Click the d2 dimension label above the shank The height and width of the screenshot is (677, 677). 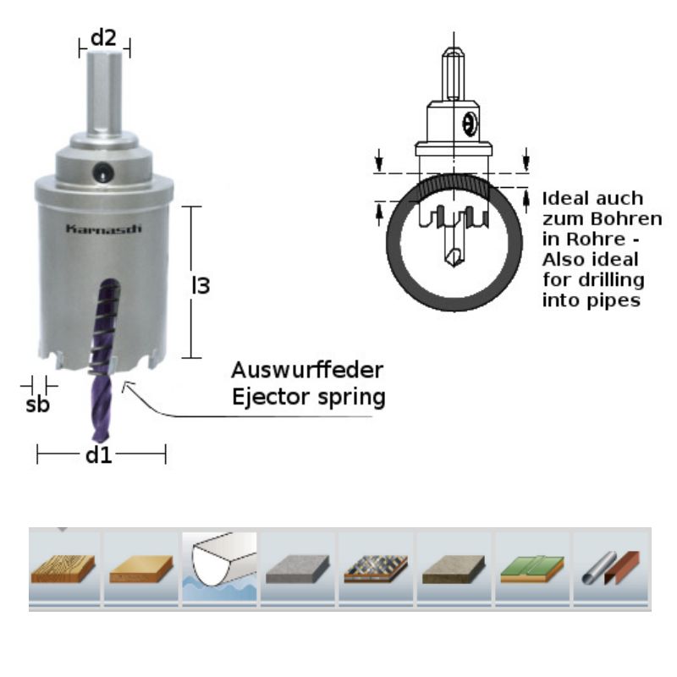click(x=104, y=36)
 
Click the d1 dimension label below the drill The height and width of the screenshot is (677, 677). click(x=99, y=455)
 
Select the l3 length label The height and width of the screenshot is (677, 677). click(x=201, y=286)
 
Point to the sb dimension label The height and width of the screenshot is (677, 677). click(x=37, y=404)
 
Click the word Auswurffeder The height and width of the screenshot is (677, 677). click(x=308, y=371)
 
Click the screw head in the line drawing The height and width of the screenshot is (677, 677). click(x=471, y=125)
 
